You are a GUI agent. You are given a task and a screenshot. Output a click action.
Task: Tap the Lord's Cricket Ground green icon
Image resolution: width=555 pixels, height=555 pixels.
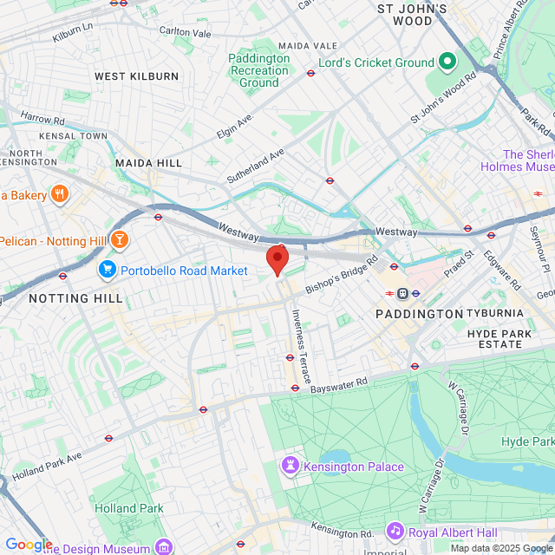447,62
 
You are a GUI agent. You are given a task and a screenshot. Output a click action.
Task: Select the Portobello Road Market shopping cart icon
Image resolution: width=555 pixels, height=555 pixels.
108,271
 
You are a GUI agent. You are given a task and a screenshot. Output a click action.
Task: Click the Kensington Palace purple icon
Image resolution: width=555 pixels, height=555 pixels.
288,467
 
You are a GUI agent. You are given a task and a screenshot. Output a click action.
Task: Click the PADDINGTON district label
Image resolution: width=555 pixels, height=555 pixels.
419,313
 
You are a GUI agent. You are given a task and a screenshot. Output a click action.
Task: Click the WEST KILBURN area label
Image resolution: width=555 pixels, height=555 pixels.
136,76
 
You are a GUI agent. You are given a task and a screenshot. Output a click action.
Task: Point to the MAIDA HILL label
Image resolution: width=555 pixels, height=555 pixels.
148,162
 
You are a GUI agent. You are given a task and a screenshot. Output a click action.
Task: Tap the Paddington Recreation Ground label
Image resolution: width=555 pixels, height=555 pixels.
258,70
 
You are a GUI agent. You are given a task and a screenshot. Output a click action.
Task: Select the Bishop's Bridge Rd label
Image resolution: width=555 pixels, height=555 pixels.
342,274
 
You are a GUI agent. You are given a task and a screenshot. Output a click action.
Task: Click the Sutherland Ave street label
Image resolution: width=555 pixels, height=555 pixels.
256,165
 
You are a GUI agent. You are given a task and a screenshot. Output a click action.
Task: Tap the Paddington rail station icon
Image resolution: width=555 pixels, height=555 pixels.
403,293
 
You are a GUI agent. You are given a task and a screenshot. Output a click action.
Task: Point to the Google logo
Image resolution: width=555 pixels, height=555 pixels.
29,544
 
